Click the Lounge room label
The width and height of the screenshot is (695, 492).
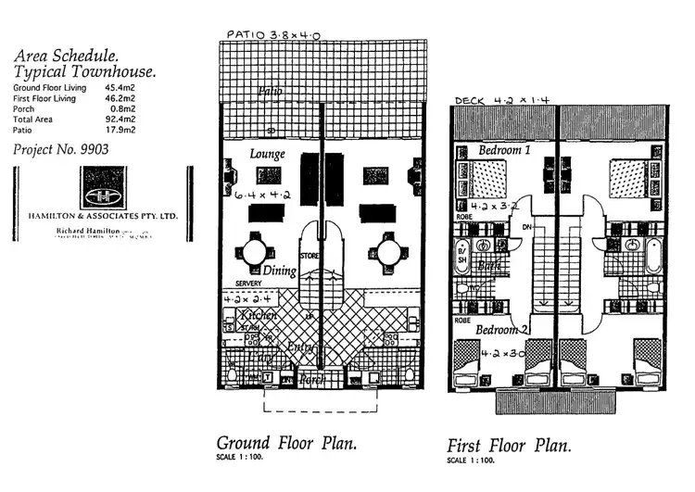(x=268, y=154)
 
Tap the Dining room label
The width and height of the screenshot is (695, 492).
(x=279, y=271)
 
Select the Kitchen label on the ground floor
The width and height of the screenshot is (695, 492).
(x=259, y=316)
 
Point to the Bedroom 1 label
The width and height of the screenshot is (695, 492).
(x=504, y=150)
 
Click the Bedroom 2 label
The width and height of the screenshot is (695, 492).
(x=504, y=329)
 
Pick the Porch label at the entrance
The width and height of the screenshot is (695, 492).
(x=311, y=380)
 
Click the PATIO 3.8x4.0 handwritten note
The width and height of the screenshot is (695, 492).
(x=273, y=35)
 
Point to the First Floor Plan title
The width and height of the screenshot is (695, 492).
(x=509, y=446)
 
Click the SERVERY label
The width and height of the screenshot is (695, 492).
(x=247, y=284)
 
